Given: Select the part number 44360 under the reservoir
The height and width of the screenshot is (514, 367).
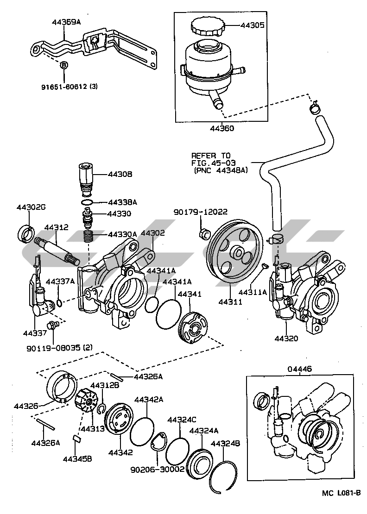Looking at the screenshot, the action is pos(222,128).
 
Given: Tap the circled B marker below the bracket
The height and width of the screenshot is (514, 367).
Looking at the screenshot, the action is pos(64,65).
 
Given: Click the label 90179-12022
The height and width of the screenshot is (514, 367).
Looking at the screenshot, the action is pos(200,212).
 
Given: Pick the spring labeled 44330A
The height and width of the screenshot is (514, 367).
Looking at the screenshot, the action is pos(88,236).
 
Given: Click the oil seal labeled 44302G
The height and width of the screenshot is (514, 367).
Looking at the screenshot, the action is pos(25,233).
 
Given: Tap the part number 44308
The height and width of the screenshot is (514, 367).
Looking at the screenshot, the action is pos(120,174).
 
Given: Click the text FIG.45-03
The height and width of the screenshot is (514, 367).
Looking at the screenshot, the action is pos(214,163).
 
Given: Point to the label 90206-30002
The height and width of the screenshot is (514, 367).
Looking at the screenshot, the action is pos(158,470).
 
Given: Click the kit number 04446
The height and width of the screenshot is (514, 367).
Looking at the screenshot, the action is pos(300,369).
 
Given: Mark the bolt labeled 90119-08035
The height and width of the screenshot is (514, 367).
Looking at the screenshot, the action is pos(52,325).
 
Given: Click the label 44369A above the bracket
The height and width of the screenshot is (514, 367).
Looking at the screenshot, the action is pos(66,22).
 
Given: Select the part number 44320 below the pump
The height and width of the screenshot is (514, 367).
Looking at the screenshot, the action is pos(286,338).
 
